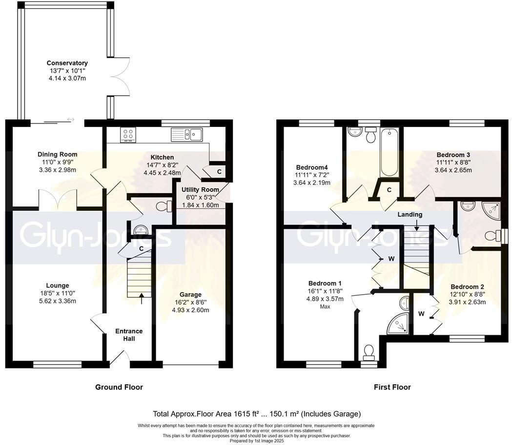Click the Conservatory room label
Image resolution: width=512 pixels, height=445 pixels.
67,63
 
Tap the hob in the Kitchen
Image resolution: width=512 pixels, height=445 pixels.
128,135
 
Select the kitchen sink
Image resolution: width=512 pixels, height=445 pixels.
186,134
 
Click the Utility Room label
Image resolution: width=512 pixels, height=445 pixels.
200,189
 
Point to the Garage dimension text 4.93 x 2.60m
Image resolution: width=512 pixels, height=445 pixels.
190,310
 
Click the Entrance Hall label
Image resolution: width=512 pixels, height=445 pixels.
129,335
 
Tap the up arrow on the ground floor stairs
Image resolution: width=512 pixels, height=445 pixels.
142,298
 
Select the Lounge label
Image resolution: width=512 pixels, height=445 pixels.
58,285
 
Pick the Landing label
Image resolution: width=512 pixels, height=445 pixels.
410,214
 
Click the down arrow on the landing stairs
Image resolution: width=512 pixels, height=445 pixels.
416,225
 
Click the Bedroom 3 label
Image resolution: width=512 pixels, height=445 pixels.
453,154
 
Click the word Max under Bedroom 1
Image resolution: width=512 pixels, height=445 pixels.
326,307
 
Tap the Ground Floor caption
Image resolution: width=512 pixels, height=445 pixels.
119,387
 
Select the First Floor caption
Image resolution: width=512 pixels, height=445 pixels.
392,387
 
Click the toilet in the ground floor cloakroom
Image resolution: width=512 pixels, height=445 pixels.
163,207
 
